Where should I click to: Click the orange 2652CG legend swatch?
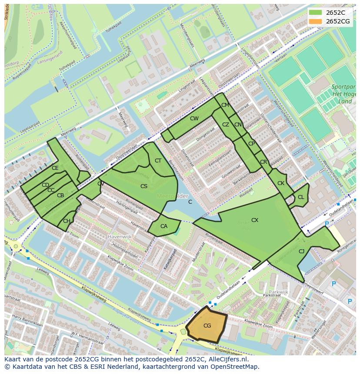316,21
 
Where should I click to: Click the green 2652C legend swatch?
316,12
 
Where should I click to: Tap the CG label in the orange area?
207,326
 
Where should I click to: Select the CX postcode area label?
255,220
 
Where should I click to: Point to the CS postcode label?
144,186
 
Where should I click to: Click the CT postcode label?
158,161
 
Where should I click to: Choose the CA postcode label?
164,226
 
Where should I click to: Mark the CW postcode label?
194,119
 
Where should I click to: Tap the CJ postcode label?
301,251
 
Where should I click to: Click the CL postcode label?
301,197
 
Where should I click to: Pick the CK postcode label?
281,183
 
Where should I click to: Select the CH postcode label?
67,221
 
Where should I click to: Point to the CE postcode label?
55,168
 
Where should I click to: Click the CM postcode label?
225,105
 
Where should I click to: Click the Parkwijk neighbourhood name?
278,292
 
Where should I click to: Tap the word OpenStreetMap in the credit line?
237,367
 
